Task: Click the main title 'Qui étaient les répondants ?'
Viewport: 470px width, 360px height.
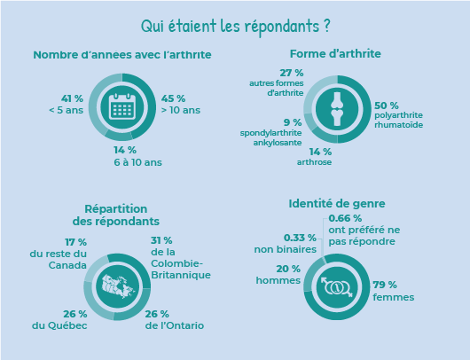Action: [x=236, y=27]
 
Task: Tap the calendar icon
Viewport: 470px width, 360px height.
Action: [x=122, y=106]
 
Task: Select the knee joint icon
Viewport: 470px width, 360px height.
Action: [x=337, y=109]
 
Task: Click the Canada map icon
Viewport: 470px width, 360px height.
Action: [x=119, y=287]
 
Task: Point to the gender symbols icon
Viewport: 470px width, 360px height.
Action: [x=337, y=287]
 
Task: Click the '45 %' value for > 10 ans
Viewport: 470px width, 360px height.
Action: [x=173, y=98]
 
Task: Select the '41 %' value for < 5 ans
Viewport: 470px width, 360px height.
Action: [x=72, y=98]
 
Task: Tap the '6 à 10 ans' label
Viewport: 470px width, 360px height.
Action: [x=137, y=162]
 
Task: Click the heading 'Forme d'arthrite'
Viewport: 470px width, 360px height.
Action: [x=335, y=54]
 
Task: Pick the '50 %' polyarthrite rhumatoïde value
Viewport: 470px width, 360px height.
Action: [x=387, y=106]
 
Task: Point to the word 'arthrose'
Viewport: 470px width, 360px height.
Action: [x=314, y=162]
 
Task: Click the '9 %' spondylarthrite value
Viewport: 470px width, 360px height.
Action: [x=293, y=122]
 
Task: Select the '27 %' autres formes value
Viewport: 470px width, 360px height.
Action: [x=292, y=73]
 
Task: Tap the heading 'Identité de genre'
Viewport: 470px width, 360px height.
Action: [x=337, y=204]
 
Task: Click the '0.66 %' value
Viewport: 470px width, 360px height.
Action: [x=345, y=218]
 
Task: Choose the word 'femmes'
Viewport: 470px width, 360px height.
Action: [x=394, y=297]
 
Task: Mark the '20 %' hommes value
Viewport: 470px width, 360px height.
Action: [x=288, y=269]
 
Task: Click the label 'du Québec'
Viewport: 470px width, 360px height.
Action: [x=59, y=325]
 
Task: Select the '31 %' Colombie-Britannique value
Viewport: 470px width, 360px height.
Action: [x=161, y=240]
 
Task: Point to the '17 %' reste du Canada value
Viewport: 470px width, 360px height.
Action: [x=76, y=242]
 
